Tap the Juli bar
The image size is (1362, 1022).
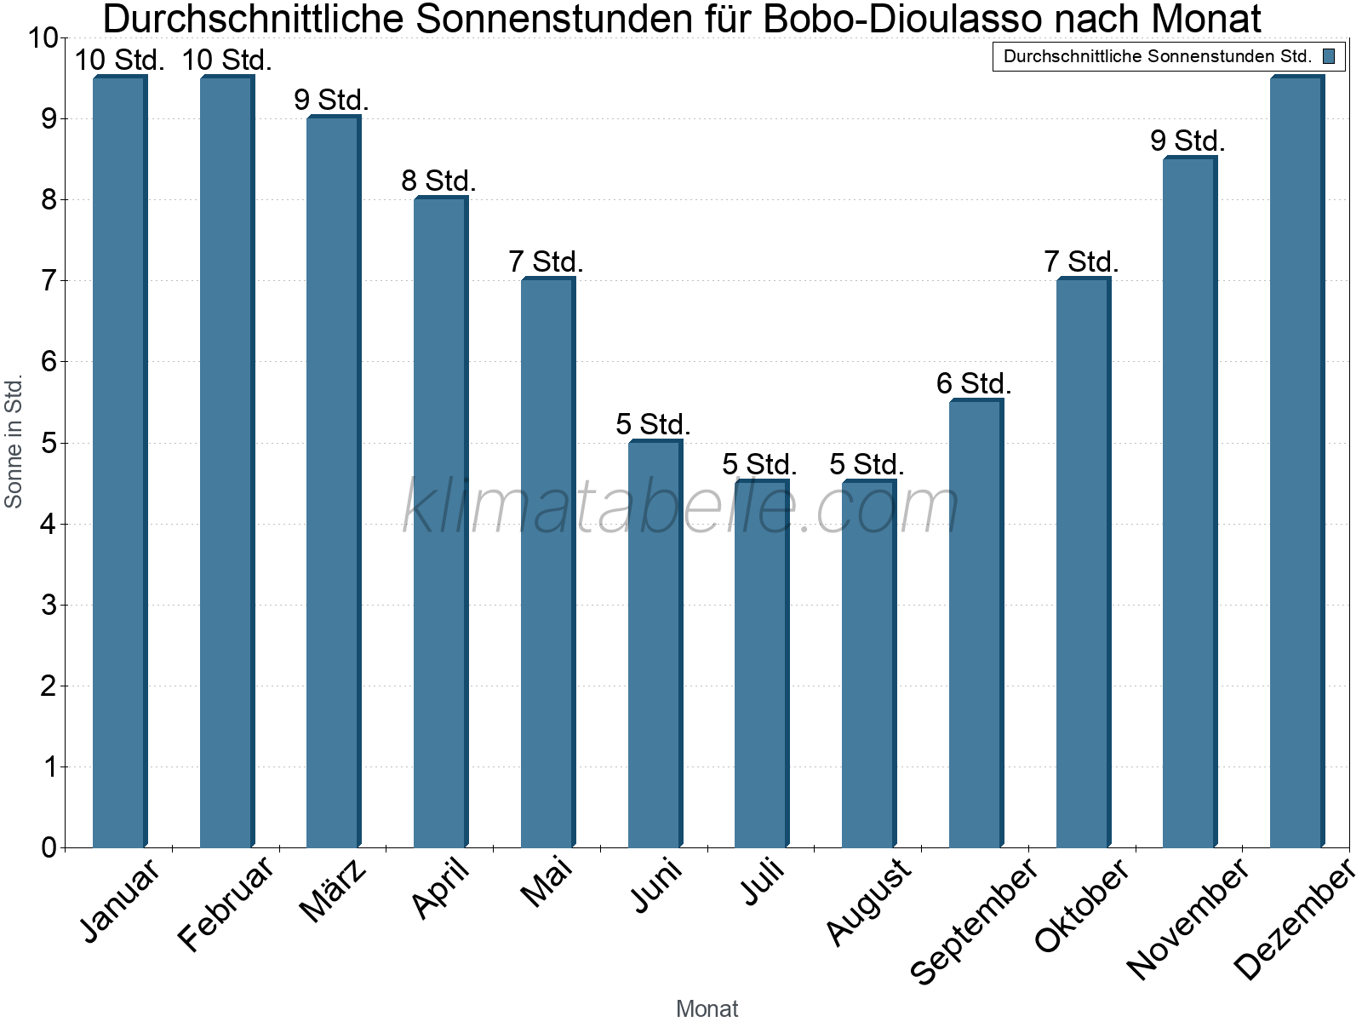(761, 663)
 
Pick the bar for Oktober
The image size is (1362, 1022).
(1083, 563)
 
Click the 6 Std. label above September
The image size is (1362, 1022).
(974, 384)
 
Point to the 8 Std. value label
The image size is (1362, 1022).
(438, 181)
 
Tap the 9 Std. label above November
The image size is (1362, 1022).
(1187, 141)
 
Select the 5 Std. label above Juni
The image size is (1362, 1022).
(653, 424)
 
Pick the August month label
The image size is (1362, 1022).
(868, 901)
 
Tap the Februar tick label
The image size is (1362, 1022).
(226, 904)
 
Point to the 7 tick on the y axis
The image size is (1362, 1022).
(48, 280)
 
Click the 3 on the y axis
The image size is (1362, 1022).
(48, 605)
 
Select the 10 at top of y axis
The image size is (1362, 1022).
(42, 38)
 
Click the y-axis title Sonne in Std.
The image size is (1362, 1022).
(14, 442)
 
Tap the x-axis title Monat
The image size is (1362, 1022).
(707, 1008)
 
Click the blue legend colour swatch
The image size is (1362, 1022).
(1328, 57)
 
